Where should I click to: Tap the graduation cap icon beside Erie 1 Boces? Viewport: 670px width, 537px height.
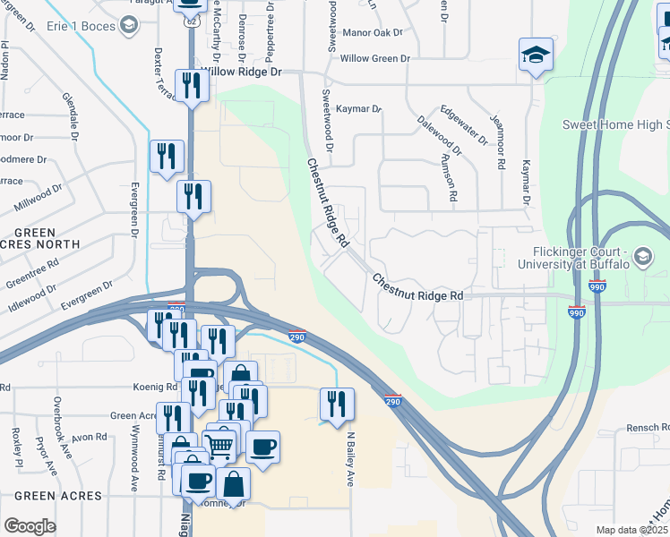pos(130,27)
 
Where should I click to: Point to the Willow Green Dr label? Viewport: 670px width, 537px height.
pos(375,58)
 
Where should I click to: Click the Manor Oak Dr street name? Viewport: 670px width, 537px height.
pos(374,33)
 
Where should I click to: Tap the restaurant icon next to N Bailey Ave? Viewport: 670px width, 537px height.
pos(338,404)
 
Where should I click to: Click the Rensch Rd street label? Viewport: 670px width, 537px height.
pos(645,427)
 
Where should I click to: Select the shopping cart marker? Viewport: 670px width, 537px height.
pos(219,444)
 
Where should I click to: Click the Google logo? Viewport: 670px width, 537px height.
pos(30,526)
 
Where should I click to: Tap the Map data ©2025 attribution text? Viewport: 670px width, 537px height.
pos(631,530)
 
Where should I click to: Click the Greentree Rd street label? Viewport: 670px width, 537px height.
pos(33,275)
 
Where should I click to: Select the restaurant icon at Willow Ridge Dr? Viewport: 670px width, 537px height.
pos(193,86)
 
